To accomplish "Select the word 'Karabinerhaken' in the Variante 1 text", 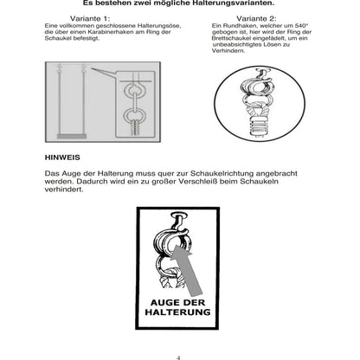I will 90,32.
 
